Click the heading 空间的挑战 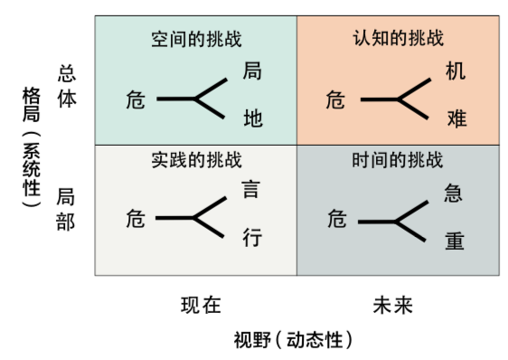click(x=196, y=40)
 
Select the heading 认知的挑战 click(x=398, y=40)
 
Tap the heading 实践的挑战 click(x=196, y=161)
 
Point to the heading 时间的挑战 click(x=398, y=161)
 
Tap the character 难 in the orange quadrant click(x=456, y=118)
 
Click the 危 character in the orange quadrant click(x=336, y=99)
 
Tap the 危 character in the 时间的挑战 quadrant click(x=336, y=219)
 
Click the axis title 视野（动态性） click(x=292, y=340)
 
